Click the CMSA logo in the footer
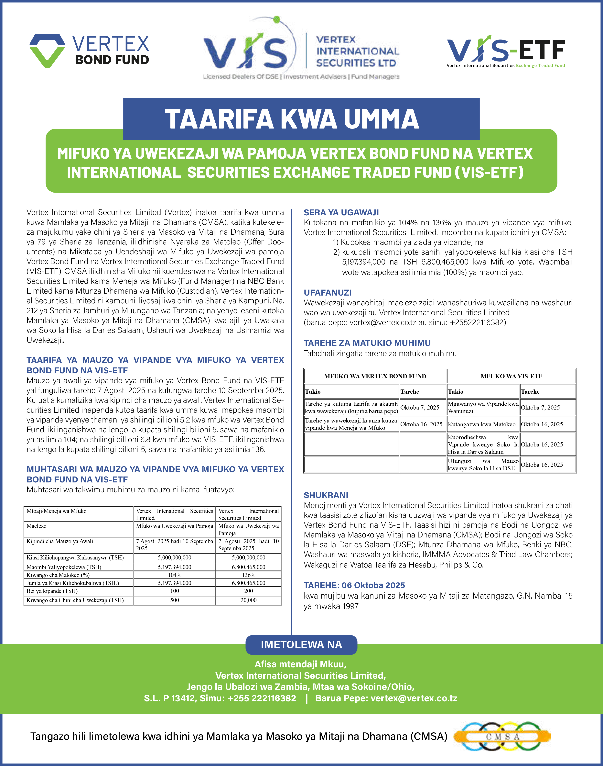[502, 737]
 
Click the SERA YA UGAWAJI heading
[341, 212]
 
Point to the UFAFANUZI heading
[328, 293]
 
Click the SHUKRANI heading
[326, 495]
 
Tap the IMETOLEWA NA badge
[301, 644]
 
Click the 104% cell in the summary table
[174, 575]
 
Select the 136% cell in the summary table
[249, 575]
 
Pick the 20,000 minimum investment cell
[249, 600]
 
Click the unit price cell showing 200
[249, 591]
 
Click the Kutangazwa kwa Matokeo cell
[481, 424]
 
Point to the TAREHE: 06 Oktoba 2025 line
[354, 585]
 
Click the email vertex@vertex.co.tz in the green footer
[414, 698]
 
